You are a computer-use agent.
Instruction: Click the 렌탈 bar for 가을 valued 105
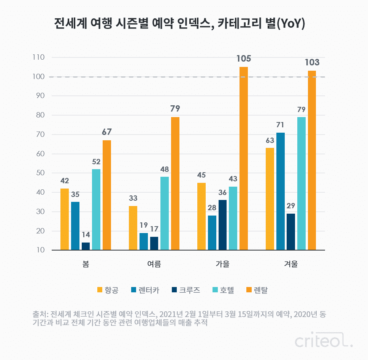point(244,159)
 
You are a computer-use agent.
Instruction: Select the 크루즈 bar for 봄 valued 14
point(86,246)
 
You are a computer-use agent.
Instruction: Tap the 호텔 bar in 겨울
point(301,184)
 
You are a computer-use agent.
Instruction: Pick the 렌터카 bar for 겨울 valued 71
point(281,191)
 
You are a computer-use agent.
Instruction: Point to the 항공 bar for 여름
point(133,228)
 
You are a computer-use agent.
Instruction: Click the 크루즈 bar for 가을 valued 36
point(222,225)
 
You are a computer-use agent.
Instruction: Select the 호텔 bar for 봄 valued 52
point(96,209)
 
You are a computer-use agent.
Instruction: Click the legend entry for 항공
point(108,290)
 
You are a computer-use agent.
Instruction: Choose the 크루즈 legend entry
point(186,290)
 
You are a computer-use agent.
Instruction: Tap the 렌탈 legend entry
point(257,290)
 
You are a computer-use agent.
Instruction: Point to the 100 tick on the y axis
point(39,76)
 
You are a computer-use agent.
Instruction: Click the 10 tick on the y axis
point(40,250)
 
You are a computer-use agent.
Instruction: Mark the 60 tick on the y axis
point(40,154)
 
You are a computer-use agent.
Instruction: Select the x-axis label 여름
point(154,264)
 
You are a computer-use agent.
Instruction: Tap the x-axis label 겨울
point(291,264)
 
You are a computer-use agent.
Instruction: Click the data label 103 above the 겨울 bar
point(312,62)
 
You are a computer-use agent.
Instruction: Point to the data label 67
point(107,132)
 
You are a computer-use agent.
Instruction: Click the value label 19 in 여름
point(144,225)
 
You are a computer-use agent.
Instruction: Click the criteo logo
point(324,339)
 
